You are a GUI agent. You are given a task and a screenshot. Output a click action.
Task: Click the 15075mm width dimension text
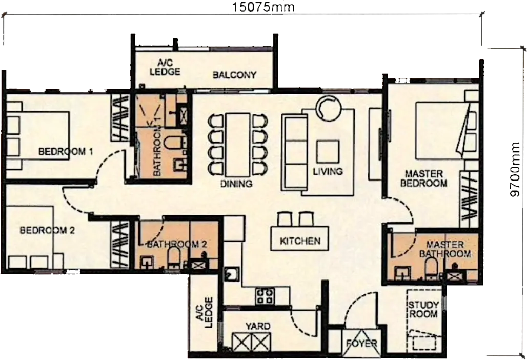pyautogui.click(x=263, y=6)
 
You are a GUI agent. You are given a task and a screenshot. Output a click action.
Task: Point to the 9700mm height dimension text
pyautogui.click(x=515, y=170)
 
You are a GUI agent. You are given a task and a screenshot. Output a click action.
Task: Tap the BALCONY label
pyautogui.click(x=235, y=75)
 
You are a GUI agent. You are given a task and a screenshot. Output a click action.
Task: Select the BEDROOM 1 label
pyautogui.click(x=66, y=152)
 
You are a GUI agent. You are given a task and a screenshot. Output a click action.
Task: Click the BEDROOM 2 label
pyautogui.click(x=47, y=231)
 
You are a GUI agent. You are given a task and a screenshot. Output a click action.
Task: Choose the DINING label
pyautogui.click(x=236, y=184)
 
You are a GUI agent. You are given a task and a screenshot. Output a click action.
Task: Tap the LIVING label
pyautogui.click(x=328, y=171)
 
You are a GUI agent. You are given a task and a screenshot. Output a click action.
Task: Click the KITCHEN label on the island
pyautogui.click(x=300, y=241)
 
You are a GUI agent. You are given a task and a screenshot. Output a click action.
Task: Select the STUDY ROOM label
pyautogui.click(x=423, y=310)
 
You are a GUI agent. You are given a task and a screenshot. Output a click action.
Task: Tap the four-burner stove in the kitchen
pyautogui.click(x=265, y=296)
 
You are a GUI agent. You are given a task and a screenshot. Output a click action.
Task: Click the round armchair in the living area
pyautogui.click(x=329, y=108)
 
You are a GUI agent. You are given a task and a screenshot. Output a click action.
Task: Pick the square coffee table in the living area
pyautogui.click(x=328, y=152)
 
